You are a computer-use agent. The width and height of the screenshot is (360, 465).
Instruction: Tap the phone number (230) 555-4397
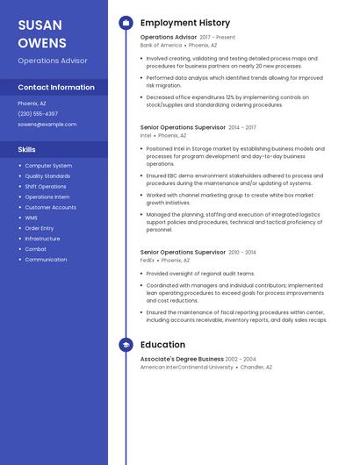click(x=38, y=113)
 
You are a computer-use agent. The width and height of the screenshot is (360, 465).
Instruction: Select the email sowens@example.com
click(x=47, y=125)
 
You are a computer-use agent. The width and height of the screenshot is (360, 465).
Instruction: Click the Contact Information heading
click(x=56, y=87)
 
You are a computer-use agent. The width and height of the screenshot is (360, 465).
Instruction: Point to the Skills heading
click(x=27, y=149)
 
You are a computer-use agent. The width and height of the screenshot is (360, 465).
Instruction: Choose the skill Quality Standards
click(x=47, y=176)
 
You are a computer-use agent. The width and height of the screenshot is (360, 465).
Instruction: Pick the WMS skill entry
click(x=31, y=218)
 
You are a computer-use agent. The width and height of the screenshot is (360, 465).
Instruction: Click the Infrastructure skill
click(x=42, y=239)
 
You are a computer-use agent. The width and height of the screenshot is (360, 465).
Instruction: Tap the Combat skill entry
click(x=35, y=249)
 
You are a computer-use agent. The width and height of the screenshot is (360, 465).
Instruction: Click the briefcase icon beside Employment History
click(x=126, y=23)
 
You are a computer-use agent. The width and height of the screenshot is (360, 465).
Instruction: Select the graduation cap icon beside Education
click(x=126, y=345)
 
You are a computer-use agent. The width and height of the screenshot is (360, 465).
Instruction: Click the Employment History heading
click(x=185, y=23)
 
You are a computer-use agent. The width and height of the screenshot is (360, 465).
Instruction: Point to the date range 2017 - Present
click(x=218, y=38)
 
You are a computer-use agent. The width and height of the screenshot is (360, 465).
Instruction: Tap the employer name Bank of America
click(x=161, y=45)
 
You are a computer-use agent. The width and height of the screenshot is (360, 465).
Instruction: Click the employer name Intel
click(x=146, y=136)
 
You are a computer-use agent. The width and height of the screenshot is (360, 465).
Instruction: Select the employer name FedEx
click(x=148, y=260)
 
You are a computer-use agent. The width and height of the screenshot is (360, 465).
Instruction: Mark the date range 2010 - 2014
click(x=242, y=253)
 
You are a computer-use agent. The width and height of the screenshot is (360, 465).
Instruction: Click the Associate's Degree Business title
click(x=182, y=359)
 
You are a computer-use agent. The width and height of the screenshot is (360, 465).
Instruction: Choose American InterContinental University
click(x=187, y=368)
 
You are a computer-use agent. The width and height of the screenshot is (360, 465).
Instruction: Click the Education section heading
click(x=162, y=345)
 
